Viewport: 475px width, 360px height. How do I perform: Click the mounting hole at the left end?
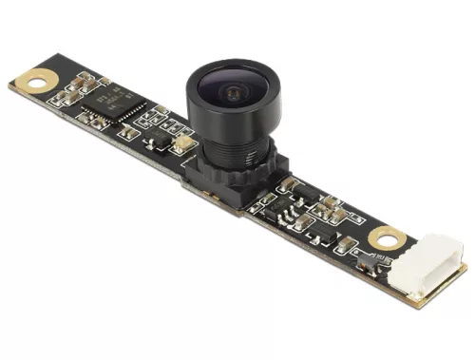click(39, 79)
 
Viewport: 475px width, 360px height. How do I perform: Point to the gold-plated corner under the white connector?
click(418, 296)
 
